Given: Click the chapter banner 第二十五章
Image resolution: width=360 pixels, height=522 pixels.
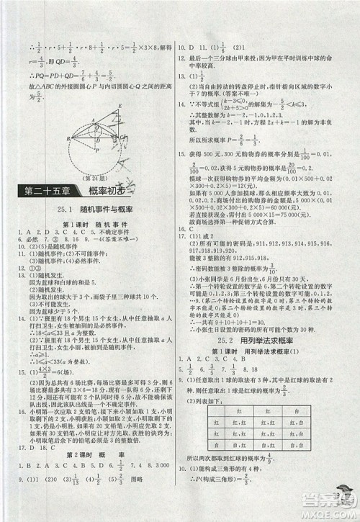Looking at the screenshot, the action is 43,191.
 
